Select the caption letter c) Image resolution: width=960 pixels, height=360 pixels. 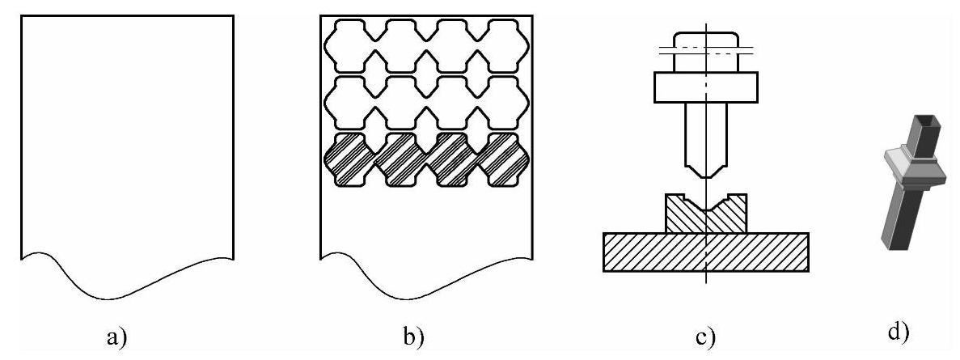[x=705, y=334]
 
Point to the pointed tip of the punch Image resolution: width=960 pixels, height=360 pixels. [x=705, y=175]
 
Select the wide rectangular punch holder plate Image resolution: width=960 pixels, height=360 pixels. [x=705, y=87]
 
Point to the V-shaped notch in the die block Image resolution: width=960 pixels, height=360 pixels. [x=705, y=204]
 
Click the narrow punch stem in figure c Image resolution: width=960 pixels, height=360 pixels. [x=705, y=133]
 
